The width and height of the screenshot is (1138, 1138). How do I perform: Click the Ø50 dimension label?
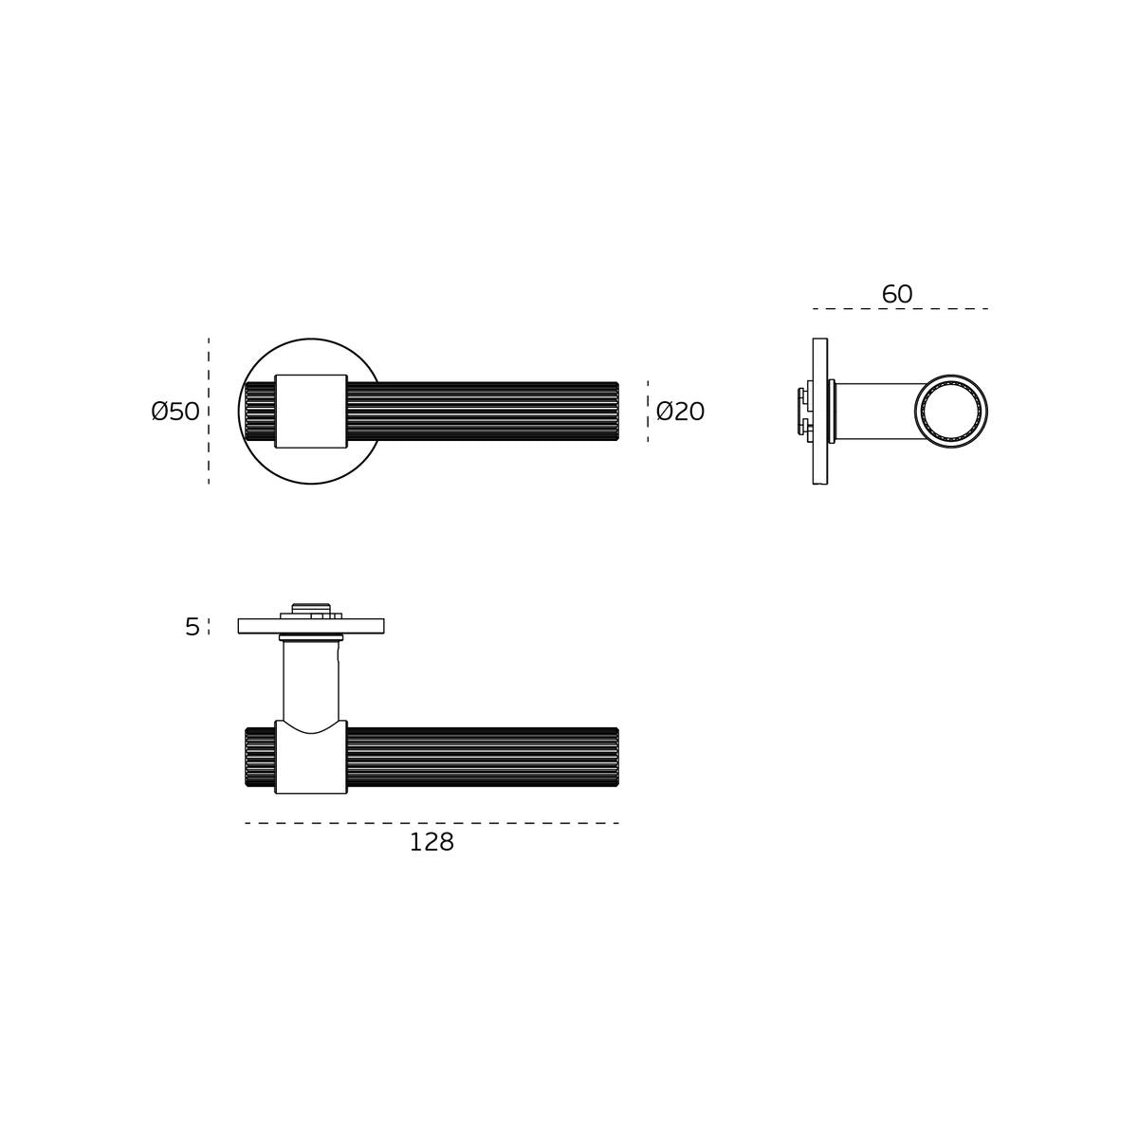(175, 412)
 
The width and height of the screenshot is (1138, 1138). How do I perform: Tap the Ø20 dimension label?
(680, 412)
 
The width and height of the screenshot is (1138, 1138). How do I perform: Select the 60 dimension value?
(897, 294)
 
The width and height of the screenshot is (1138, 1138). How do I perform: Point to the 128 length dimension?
(431, 842)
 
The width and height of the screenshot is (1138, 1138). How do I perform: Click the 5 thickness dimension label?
(193, 627)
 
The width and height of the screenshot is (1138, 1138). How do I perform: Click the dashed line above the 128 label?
(431, 822)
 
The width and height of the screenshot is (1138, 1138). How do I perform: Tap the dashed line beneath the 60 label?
(900, 308)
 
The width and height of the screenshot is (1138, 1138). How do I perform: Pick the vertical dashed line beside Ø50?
(209, 411)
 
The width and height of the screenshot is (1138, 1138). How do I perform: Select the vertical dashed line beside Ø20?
(648, 411)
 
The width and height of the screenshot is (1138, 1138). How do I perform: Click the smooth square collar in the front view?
(311, 411)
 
